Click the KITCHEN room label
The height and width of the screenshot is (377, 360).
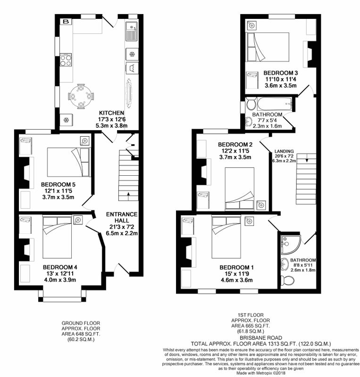click(x=112, y=113)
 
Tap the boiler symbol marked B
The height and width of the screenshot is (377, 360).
click(x=66, y=22)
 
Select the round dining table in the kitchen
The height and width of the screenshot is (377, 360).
click(x=81, y=96)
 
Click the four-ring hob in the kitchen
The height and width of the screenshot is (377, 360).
click(x=66, y=60)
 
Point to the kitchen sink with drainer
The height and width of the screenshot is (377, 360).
click(x=131, y=32)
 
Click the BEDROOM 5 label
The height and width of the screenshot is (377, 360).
click(x=58, y=185)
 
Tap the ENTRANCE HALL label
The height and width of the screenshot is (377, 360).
click(x=122, y=217)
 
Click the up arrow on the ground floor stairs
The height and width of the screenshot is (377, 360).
click(x=129, y=196)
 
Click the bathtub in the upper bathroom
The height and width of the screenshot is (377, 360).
click(x=274, y=104)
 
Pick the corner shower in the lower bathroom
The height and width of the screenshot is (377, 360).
click(x=291, y=244)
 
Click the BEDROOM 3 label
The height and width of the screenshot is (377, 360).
click(x=281, y=73)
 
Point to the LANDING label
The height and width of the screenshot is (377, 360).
click(x=284, y=151)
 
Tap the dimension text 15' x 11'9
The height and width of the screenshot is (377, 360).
click(x=236, y=274)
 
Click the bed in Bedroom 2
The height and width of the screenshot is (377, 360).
click(x=239, y=189)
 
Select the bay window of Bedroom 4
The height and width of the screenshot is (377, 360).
click(x=62, y=296)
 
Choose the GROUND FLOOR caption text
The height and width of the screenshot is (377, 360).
click(x=81, y=323)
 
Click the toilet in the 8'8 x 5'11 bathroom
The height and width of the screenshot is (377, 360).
click(x=287, y=280)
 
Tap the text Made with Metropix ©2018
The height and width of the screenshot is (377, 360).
click(x=261, y=373)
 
